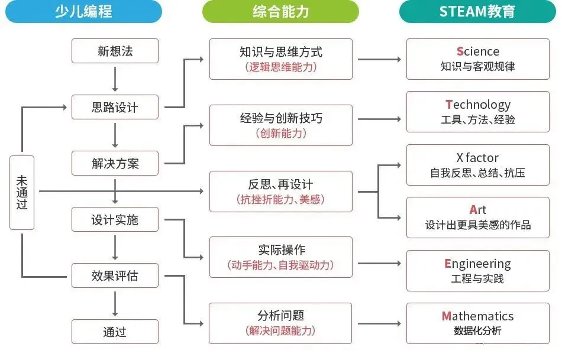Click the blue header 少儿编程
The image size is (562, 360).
coord(83,11)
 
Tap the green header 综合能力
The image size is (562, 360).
coord(280,11)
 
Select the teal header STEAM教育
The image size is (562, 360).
coord(477,11)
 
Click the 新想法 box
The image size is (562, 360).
coord(115,51)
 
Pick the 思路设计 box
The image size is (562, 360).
coord(115,107)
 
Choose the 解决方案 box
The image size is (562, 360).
coord(115,163)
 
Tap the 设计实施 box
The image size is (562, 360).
coord(115,219)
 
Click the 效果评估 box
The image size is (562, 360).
coord(115,275)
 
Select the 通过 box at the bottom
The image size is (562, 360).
coord(115,332)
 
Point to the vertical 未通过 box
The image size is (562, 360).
coord(22,192)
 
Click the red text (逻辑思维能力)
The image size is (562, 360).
coord(281,67)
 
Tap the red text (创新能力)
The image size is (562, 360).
coord(281,133)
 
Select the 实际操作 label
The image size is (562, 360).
coord(281,249)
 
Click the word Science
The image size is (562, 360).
coord(478,51)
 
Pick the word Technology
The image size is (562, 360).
coord(478,105)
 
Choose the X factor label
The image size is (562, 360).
coord(477,158)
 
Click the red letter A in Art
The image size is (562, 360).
coord(473,210)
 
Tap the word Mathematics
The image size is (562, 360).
coord(478,316)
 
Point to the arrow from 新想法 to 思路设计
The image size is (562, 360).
coord(115,79)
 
